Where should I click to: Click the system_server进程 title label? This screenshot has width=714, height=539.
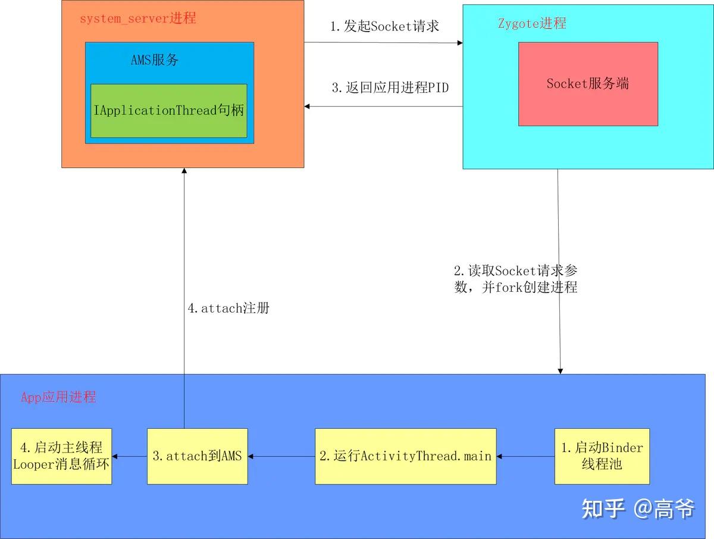coord(137,18)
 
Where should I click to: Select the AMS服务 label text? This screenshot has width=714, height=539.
coord(155,60)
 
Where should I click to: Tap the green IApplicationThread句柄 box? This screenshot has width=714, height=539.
coord(168,111)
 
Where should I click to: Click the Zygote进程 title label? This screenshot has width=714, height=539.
coord(531,24)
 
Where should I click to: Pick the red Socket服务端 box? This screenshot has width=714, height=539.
coord(588,84)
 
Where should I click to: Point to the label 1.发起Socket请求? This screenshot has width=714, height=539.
coord(384,27)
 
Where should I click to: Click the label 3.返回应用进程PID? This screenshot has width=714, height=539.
coord(390,88)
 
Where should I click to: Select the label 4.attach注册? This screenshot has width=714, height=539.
coord(228,309)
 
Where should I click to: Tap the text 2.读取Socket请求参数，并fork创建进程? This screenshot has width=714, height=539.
coord(515,279)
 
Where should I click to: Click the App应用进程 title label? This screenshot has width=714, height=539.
coord(58,397)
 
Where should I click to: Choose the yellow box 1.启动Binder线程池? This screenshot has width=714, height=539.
coord(602,456)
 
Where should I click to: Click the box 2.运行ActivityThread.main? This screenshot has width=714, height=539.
coord(405,456)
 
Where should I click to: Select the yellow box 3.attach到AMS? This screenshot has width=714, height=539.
coord(197,456)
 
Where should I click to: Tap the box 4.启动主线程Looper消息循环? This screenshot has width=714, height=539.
coord(61,456)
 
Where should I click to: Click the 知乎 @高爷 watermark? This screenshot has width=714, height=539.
coord(637,509)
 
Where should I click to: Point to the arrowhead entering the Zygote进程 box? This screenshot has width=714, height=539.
coord(459,43)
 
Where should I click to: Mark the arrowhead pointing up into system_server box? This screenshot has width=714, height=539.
coord(184,172)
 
